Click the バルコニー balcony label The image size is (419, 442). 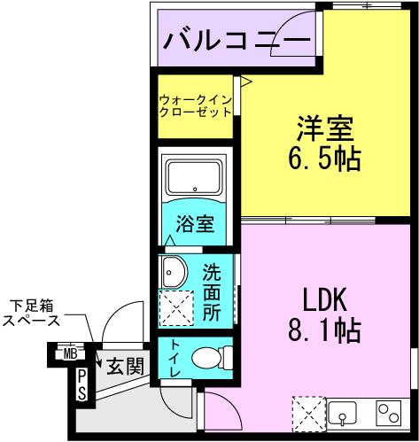[x=237, y=40]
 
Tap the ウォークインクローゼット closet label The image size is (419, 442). [x=196, y=105]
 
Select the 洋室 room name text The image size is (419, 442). [x=325, y=128]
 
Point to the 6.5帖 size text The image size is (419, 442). [x=324, y=159]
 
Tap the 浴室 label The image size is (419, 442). [x=194, y=223]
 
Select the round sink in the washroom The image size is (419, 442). [x=172, y=270]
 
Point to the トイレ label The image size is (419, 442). [x=174, y=358]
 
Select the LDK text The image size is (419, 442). [x=324, y=299]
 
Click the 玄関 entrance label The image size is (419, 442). [x=125, y=364]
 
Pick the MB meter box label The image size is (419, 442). [x=69, y=354]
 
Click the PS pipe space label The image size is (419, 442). [x=81, y=385]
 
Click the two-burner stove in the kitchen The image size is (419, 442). [x=389, y=413]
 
